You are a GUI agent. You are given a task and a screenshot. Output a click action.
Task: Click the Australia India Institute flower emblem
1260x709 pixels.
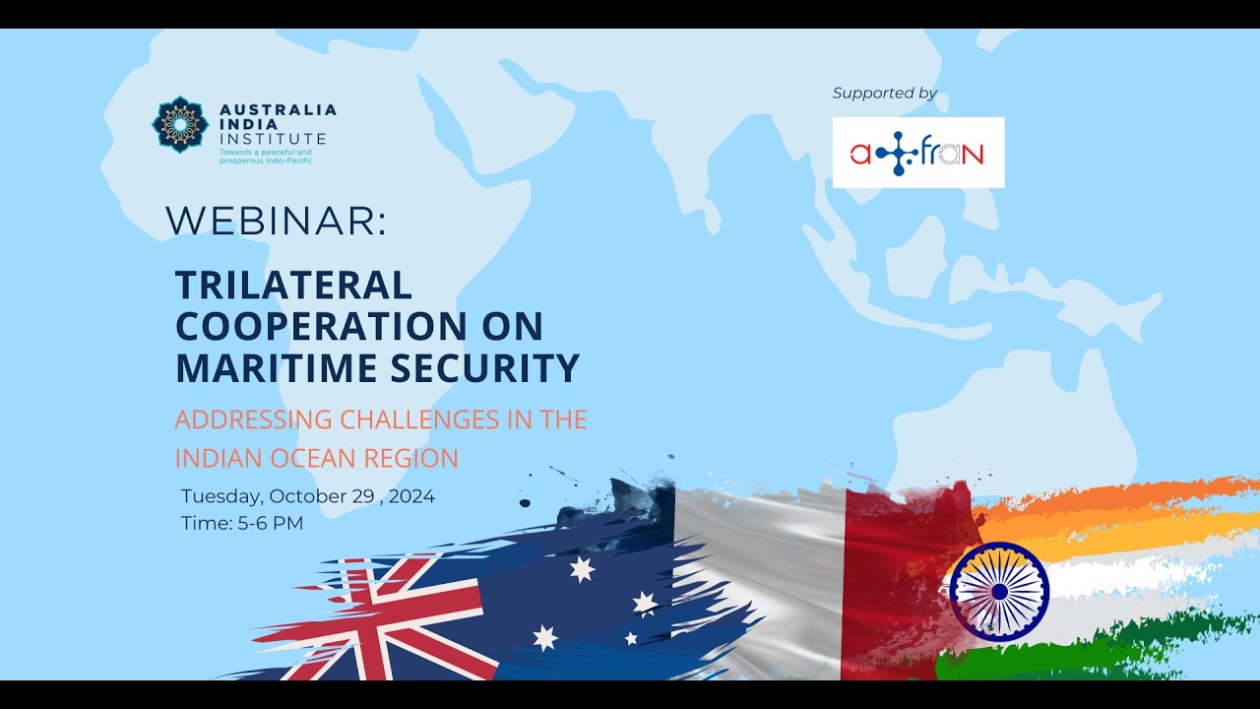tap(180, 124)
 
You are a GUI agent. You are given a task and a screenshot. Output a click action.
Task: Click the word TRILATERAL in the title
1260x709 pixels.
tap(293, 285)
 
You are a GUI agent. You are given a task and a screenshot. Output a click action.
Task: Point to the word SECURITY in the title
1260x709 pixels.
tap(485, 367)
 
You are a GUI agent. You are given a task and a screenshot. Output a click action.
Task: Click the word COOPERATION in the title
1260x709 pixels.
tap(322, 326)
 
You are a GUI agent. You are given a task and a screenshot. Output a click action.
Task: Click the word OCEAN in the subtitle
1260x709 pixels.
tap(313, 459)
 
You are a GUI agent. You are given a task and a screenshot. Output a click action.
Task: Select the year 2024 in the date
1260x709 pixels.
tap(411, 496)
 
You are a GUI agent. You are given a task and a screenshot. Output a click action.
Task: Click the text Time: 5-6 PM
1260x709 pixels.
tap(242, 523)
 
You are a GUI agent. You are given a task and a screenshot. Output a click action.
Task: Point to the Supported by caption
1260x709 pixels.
tap(885, 93)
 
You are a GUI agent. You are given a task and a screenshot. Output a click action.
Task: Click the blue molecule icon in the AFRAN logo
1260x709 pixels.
tap(897, 153)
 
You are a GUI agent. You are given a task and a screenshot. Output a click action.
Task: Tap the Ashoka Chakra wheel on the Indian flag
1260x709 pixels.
tap(999, 592)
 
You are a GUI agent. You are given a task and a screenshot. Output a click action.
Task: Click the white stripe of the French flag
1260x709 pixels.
tap(759, 585)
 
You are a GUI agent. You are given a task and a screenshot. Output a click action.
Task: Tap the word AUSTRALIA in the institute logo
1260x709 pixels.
tap(279, 109)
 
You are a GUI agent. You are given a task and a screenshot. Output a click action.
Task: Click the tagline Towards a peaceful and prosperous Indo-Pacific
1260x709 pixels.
tap(266, 157)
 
